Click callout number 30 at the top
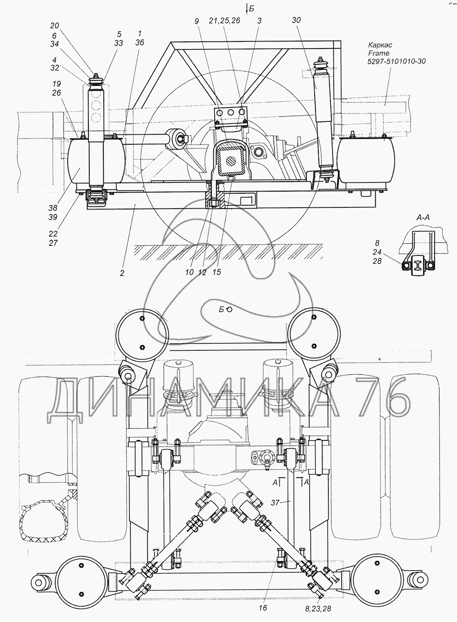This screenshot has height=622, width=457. click(x=296, y=20)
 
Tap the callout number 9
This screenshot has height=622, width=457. click(x=197, y=21)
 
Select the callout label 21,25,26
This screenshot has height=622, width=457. click(x=225, y=21)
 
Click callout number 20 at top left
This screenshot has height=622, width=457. click(x=54, y=26)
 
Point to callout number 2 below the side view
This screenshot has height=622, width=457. click(x=122, y=273)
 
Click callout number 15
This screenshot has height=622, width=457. click(x=217, y=272)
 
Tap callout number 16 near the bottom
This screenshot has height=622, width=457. click(x=263, y=608)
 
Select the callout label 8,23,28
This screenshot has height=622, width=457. click(x=318, y=609)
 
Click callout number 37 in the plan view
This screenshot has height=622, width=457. click(x=275, y=503)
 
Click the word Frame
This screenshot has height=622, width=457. click(x=379, y=53)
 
